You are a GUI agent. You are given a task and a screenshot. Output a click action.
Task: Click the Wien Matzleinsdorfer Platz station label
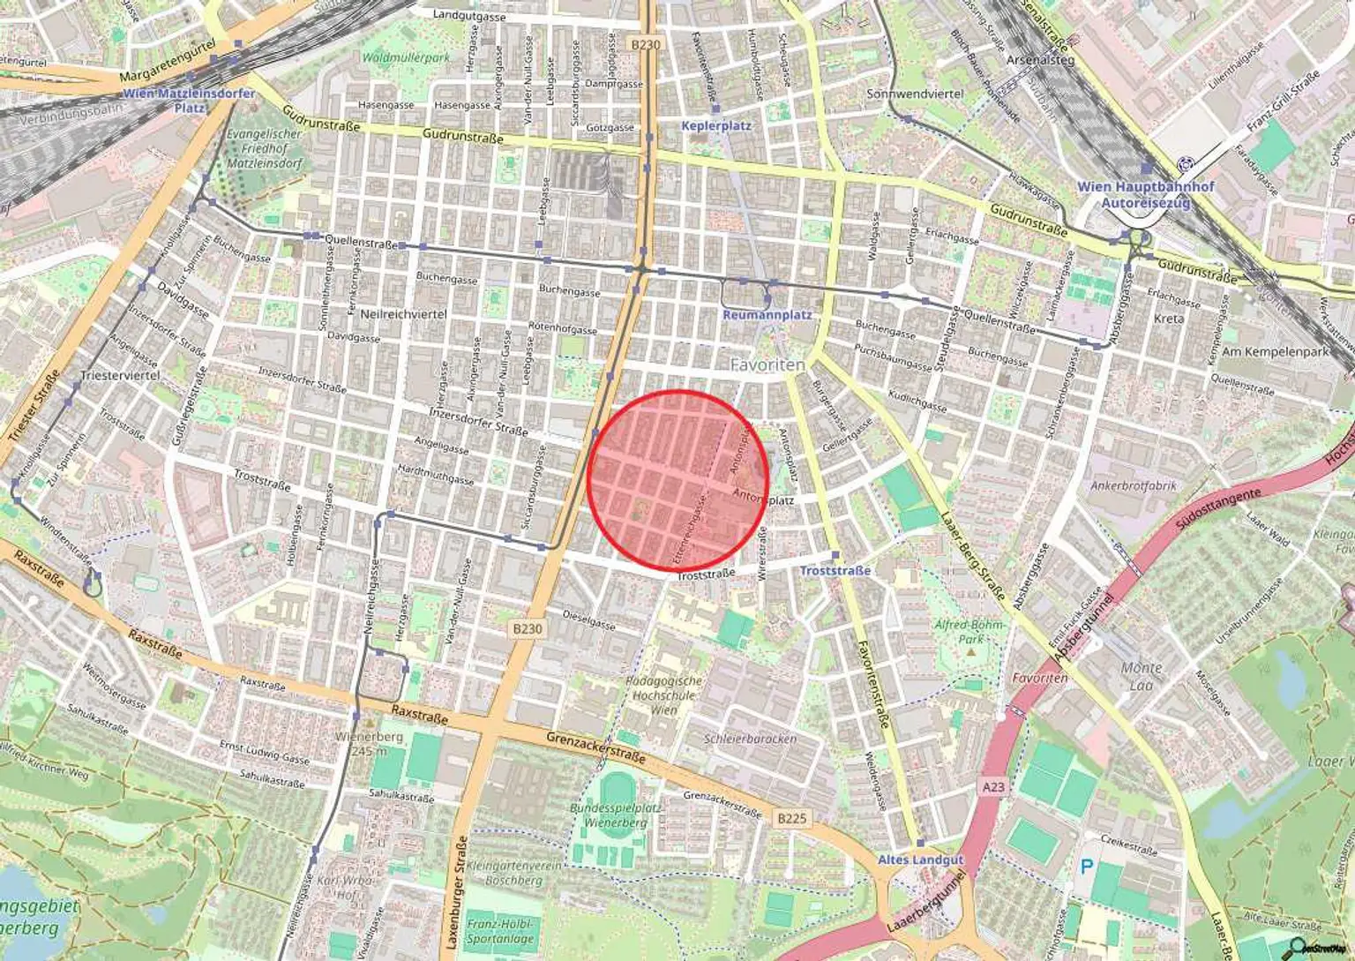[189, 100]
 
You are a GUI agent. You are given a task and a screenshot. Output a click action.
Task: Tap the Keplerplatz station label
[715, 125]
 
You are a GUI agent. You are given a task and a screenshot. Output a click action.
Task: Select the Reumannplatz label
[767, 314]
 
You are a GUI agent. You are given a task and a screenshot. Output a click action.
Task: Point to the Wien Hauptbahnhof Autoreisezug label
[1145, 195]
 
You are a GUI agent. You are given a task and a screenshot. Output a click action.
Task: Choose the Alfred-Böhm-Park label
[970, 632]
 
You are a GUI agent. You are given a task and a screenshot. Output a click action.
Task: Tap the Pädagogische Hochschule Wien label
[664, 694]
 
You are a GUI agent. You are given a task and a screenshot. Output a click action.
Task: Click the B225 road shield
[791, 818]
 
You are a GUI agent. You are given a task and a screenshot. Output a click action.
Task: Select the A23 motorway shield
[992, 786]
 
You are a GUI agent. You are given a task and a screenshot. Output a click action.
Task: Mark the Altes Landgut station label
[920, 859]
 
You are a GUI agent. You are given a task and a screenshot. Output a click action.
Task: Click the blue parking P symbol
[1087, 867]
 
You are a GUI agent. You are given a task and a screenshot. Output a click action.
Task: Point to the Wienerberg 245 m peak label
[370, 743]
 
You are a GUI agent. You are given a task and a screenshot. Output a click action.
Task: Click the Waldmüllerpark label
[406, 57]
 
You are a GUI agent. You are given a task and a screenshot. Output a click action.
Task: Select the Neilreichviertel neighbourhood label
[403, 313]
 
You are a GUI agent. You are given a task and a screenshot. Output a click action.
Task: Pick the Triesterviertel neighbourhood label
[120, 375]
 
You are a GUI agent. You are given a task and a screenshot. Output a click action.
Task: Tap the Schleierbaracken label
[750, 739]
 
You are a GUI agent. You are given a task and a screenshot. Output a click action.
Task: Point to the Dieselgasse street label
[588, 620]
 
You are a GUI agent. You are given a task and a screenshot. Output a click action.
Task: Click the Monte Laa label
[1141, 676]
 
